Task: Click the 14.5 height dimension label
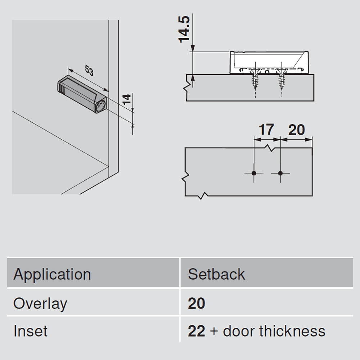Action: point(184,29)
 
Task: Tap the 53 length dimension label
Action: point(89,70)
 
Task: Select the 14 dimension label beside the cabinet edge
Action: point(126,99)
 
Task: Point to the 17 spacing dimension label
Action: point(266,130)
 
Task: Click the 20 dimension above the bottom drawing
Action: point(296,130)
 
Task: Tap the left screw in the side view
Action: point(255,79)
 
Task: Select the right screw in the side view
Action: point(282,79)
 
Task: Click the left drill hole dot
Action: point(254,173)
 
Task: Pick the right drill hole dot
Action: point(280,173)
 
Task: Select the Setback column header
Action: point(216,274)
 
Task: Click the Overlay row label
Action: point(40,304)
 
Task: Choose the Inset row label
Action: point(30,331)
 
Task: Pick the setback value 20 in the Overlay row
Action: point(197,303)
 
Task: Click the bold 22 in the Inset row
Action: point(197,331)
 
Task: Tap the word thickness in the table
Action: point(292,331)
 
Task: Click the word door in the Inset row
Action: point(239,331)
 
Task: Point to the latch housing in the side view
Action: point(269,62)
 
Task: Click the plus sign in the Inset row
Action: point(214,332)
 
